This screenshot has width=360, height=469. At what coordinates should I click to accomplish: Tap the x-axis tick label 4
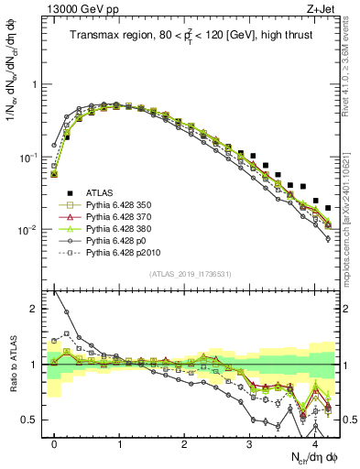pyautogui.click(x=314, y=443)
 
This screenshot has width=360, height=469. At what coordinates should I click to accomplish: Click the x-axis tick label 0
pyautogui.click(x=55, y=443)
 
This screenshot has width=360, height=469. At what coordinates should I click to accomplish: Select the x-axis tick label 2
pyautogui.click(x=185, y=443)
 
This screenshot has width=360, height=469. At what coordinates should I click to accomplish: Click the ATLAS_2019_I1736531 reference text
pyautogui.click(x=191, y=275)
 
